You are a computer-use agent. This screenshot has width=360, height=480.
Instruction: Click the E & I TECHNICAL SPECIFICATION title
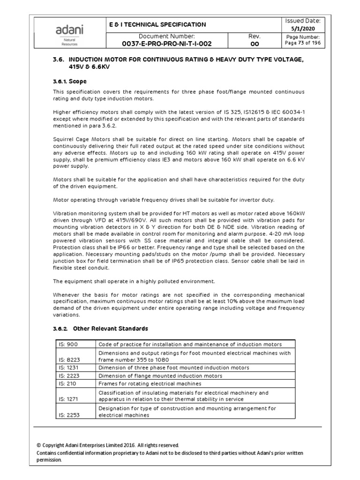(157, 24)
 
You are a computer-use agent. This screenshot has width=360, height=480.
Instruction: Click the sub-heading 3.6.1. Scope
(70, 82)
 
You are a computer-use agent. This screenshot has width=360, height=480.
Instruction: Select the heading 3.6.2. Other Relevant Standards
(101, 328)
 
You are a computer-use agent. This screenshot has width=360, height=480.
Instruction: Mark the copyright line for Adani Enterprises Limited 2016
(107, 445)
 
